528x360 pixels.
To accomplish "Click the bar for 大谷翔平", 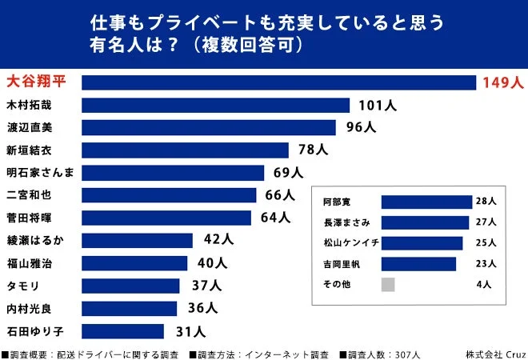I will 279,82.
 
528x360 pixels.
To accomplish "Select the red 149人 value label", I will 502,82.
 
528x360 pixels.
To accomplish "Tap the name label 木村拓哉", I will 30,105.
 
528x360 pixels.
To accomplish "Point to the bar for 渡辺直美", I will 209,127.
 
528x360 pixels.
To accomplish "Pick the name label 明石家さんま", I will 40,172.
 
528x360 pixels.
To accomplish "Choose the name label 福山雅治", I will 30,262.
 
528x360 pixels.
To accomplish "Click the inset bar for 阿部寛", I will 426,202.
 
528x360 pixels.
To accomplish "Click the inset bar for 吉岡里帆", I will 418,263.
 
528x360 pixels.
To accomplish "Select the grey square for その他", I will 388,284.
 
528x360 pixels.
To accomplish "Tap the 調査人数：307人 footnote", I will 379,354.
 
